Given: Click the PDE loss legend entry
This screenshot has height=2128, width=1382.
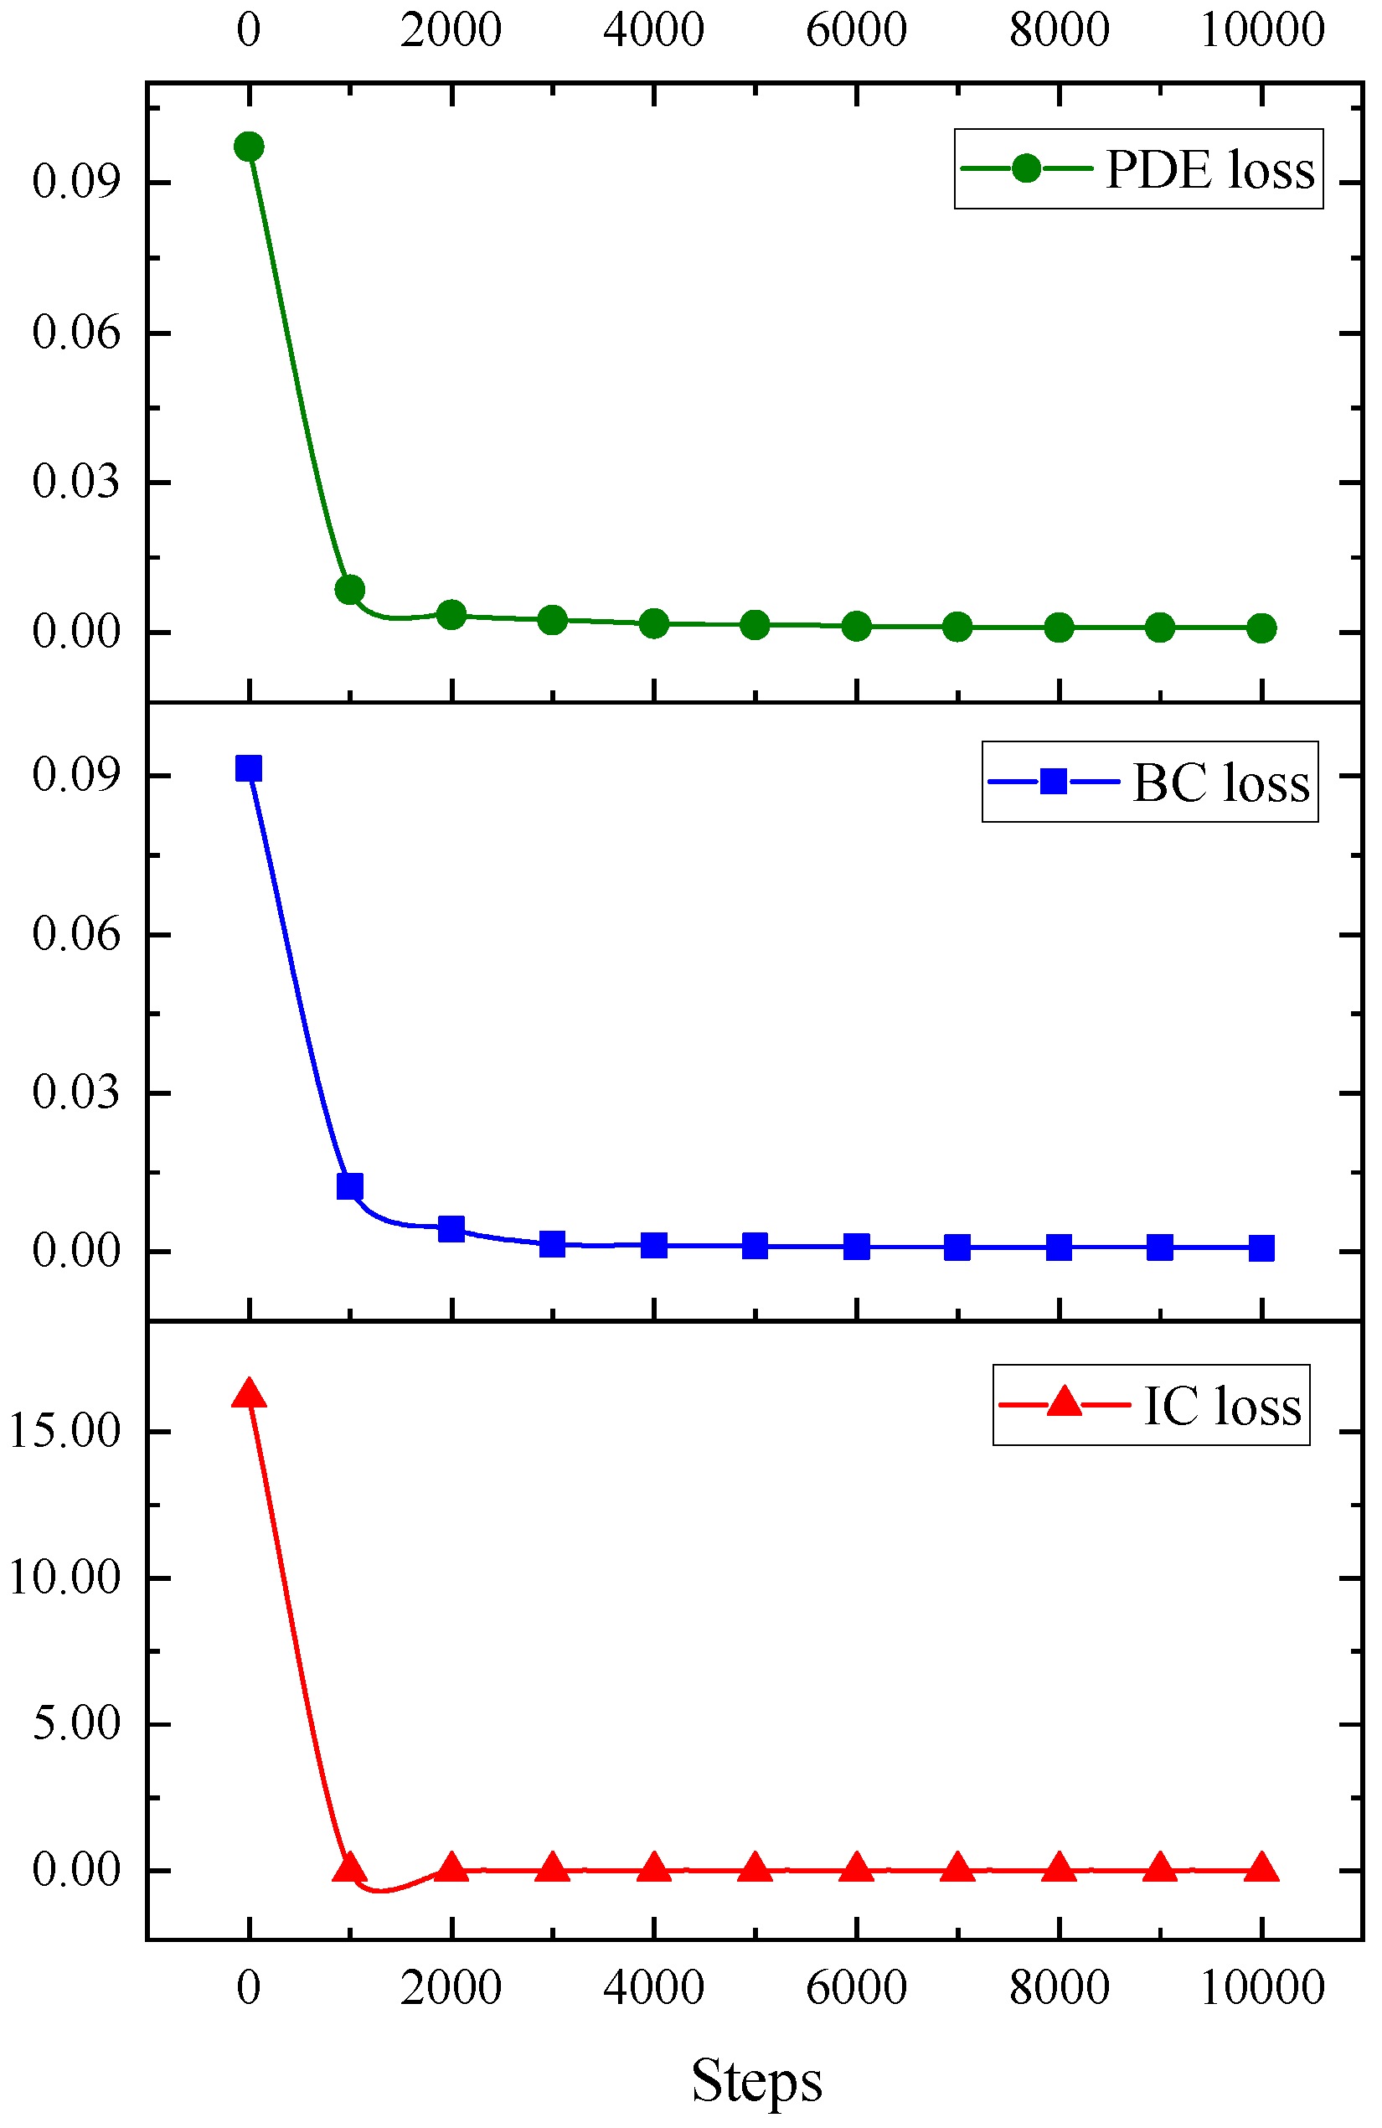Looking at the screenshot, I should click(1137, 169).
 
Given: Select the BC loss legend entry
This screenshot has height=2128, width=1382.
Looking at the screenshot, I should click(1150, 782).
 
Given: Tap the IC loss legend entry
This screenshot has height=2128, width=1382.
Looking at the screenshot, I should click(1151, 1405).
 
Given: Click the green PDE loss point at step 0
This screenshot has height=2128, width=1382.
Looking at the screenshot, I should click(249, 147).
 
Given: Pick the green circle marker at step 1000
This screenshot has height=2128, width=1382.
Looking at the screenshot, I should click(349, 589).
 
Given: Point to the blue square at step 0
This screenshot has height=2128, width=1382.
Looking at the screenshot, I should click(249, 768).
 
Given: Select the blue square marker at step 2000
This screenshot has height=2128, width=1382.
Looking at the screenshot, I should click(451, 1228).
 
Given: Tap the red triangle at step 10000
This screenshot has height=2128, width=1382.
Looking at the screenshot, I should click(1261, 1867).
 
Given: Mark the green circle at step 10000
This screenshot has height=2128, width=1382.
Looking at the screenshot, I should click(1261, 628).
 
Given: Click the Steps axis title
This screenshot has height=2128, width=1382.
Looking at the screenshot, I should click(756, 2079).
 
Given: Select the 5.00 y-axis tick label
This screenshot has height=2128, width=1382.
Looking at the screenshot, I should click(76, 1722).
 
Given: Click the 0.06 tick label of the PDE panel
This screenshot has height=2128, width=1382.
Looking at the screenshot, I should click(76, 333).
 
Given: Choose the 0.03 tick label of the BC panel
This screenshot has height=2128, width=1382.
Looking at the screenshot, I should click(76, 1092).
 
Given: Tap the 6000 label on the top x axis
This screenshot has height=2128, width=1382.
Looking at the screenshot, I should click(855, 29).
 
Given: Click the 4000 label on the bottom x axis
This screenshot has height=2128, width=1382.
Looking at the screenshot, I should click(653, 1986).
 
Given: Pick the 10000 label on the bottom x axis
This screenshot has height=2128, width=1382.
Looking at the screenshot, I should click(1261, 1986).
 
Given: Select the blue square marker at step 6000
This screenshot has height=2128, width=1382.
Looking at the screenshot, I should click(856, 1247).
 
